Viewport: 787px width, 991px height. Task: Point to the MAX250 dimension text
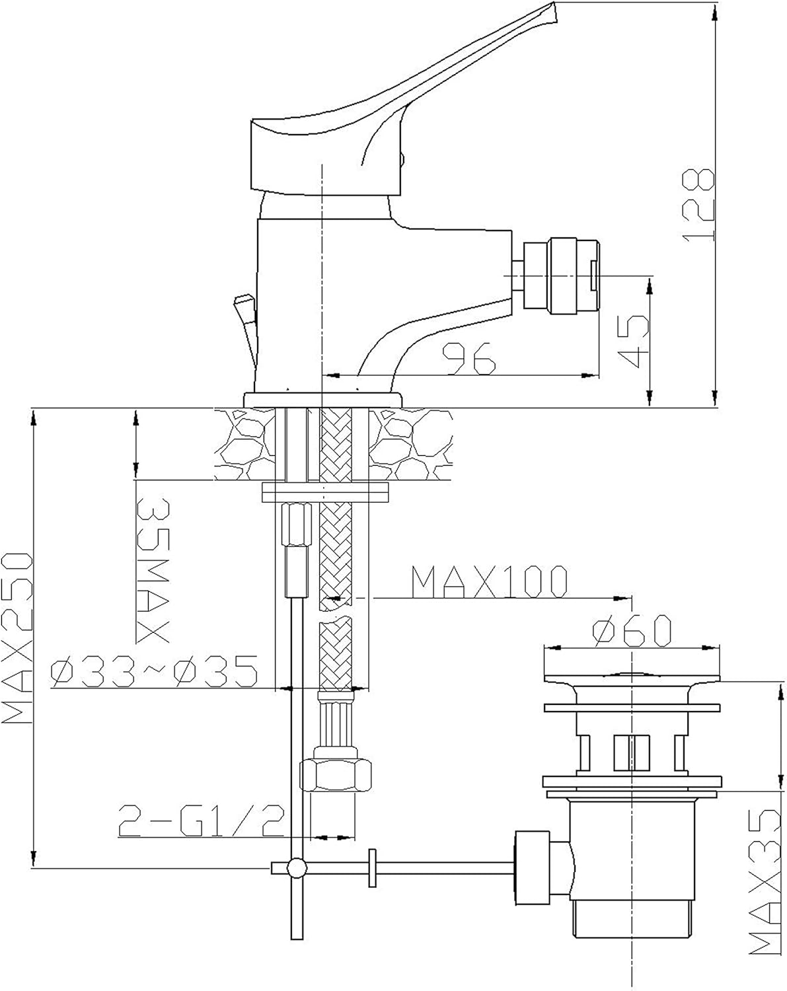(17, 638)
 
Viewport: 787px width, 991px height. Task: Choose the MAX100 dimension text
(489, 581)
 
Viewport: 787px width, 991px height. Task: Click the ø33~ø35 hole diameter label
(154, 672)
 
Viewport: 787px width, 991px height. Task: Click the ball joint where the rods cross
(296, 867)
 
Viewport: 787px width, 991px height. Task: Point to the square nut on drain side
(531, 867)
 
